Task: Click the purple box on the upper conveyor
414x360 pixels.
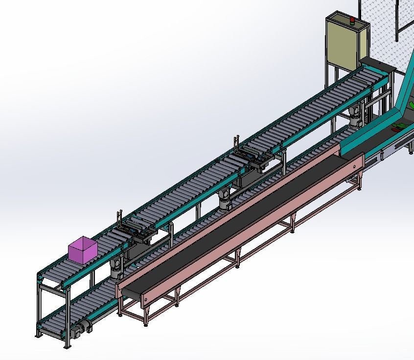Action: pos(82,249)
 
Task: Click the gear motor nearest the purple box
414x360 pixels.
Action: pos(116,268)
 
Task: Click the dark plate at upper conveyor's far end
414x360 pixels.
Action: pos(377,64)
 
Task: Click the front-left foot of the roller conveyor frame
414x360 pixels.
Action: pos(37,336)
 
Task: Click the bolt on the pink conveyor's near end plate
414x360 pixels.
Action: pos(145,298)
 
